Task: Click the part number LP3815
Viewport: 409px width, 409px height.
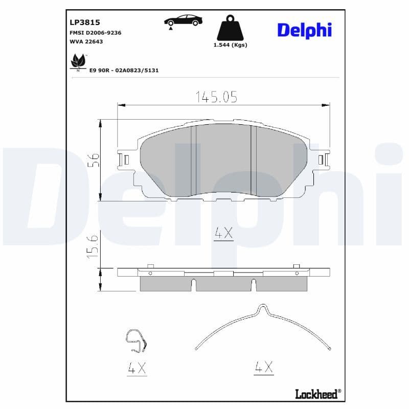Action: click(x=85, y=22)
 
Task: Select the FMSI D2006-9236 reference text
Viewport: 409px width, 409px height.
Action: click(x=96, y=33)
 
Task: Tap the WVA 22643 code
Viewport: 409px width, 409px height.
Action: click(x=86, y=41)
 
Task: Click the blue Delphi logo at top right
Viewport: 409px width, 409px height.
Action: click(x=305, y=30)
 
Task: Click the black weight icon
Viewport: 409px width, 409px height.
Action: click(x=230, y=28)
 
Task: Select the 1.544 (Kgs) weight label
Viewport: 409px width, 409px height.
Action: click(x=231, y=45)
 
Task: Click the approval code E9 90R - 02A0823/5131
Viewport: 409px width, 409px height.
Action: click(x=124, y=71)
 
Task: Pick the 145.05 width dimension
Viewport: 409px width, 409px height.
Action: click(x=216, y=97)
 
